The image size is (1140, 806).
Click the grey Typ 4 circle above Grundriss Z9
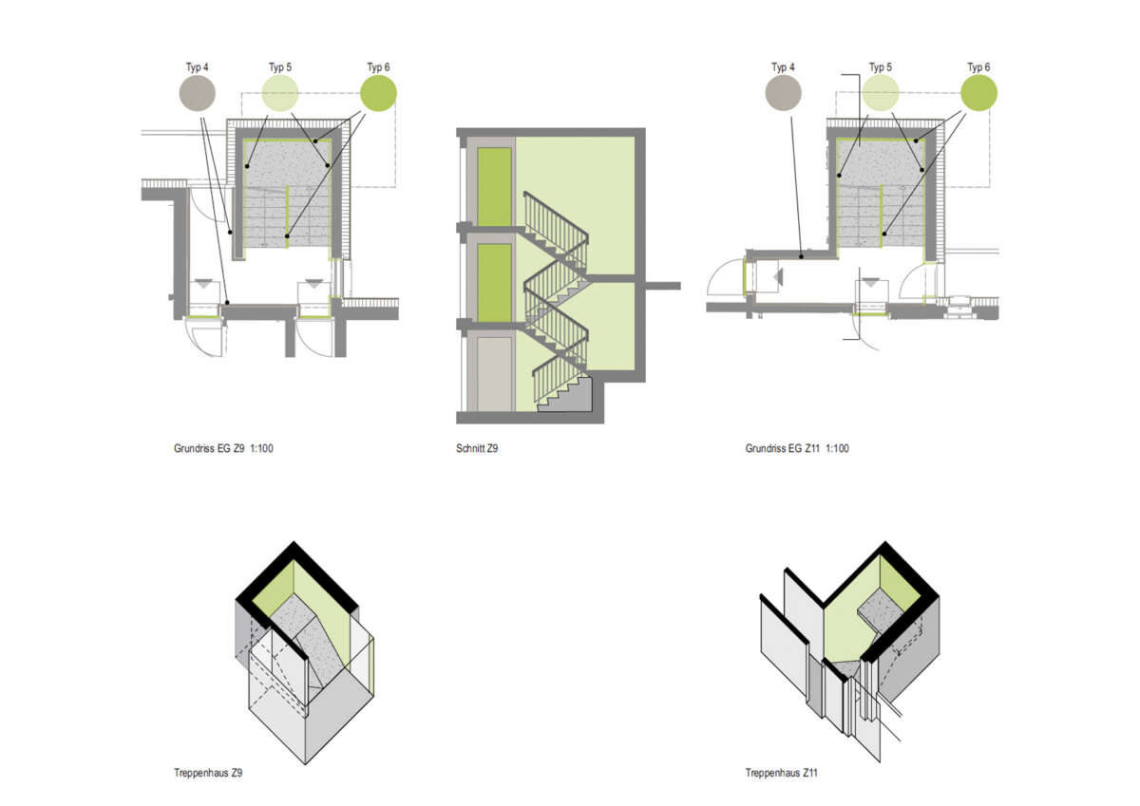click(x=198, y=93)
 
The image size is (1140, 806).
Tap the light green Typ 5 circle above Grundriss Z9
click(x=280, y=93)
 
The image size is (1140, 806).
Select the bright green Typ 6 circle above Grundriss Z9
click(x=379, y=93)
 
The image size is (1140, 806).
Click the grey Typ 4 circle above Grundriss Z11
click(x=783, y=93)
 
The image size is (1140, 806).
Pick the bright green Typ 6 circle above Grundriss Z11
click(x=979, y=93)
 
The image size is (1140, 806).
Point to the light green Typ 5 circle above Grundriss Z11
click(x=881, y=93)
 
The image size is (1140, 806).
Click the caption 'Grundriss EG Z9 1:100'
click(x=223, y=448)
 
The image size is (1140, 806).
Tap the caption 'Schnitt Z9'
click(x=477, y=448)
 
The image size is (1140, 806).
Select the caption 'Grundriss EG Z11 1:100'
click(x=797, y=448)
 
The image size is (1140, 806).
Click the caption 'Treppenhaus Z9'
click(x=208, y=773)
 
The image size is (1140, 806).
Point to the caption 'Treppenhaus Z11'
click(x=781, y=773)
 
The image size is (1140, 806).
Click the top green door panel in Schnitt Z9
click(x=494, y=187)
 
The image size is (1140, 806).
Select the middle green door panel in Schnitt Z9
click(x=494, y=283)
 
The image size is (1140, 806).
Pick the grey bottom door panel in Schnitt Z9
click(x=494, y=374)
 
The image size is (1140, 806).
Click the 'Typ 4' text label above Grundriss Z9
click(x=197, y=67)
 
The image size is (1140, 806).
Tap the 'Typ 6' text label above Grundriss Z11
click(x=978, y=67)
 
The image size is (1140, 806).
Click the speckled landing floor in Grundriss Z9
click(x=288, y=163)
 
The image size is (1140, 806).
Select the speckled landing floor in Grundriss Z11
click(x=881, y=162)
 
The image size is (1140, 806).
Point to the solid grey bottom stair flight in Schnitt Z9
click(x=566, y=395)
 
